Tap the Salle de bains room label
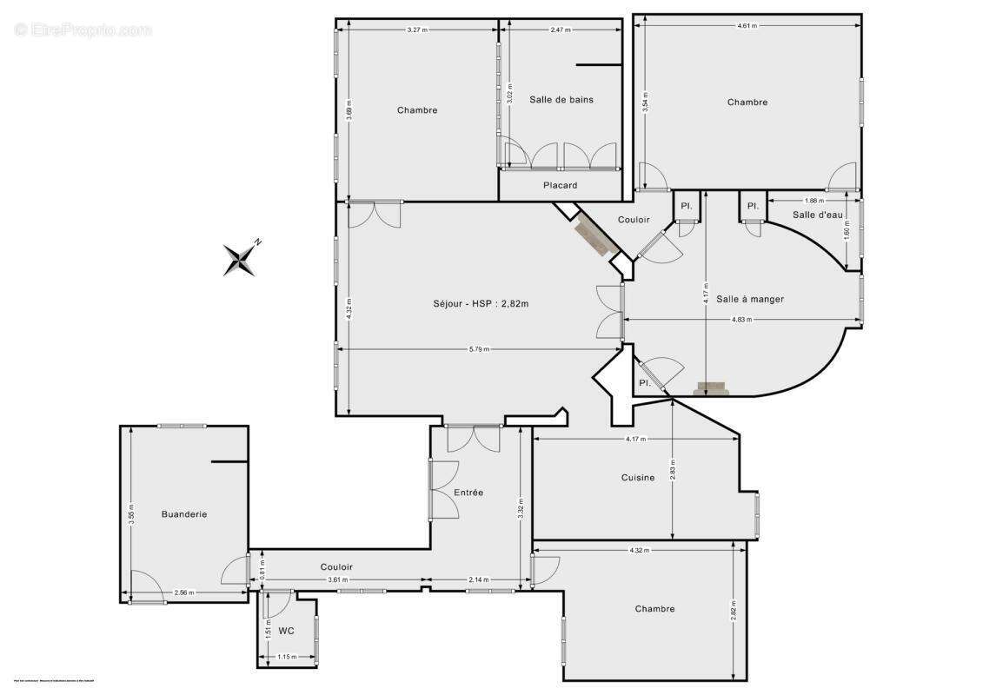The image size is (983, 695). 561,99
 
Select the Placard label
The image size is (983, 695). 560,185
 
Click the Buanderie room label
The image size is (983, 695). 184,514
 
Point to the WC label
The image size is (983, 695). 287,631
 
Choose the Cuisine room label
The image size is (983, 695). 638,477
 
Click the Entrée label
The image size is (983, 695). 468,493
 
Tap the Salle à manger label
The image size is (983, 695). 750,299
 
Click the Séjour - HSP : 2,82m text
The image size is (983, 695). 481,303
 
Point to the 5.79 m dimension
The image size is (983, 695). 479,349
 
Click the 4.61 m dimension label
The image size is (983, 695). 747,26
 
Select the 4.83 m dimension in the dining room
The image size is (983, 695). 741,320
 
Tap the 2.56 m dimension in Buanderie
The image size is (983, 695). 183,592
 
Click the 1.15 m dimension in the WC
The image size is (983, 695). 286,657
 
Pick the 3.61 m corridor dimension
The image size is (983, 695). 337,579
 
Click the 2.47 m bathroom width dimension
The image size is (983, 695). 560,30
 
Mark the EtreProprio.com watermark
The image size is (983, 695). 83,30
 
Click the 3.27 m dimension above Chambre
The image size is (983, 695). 417,30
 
